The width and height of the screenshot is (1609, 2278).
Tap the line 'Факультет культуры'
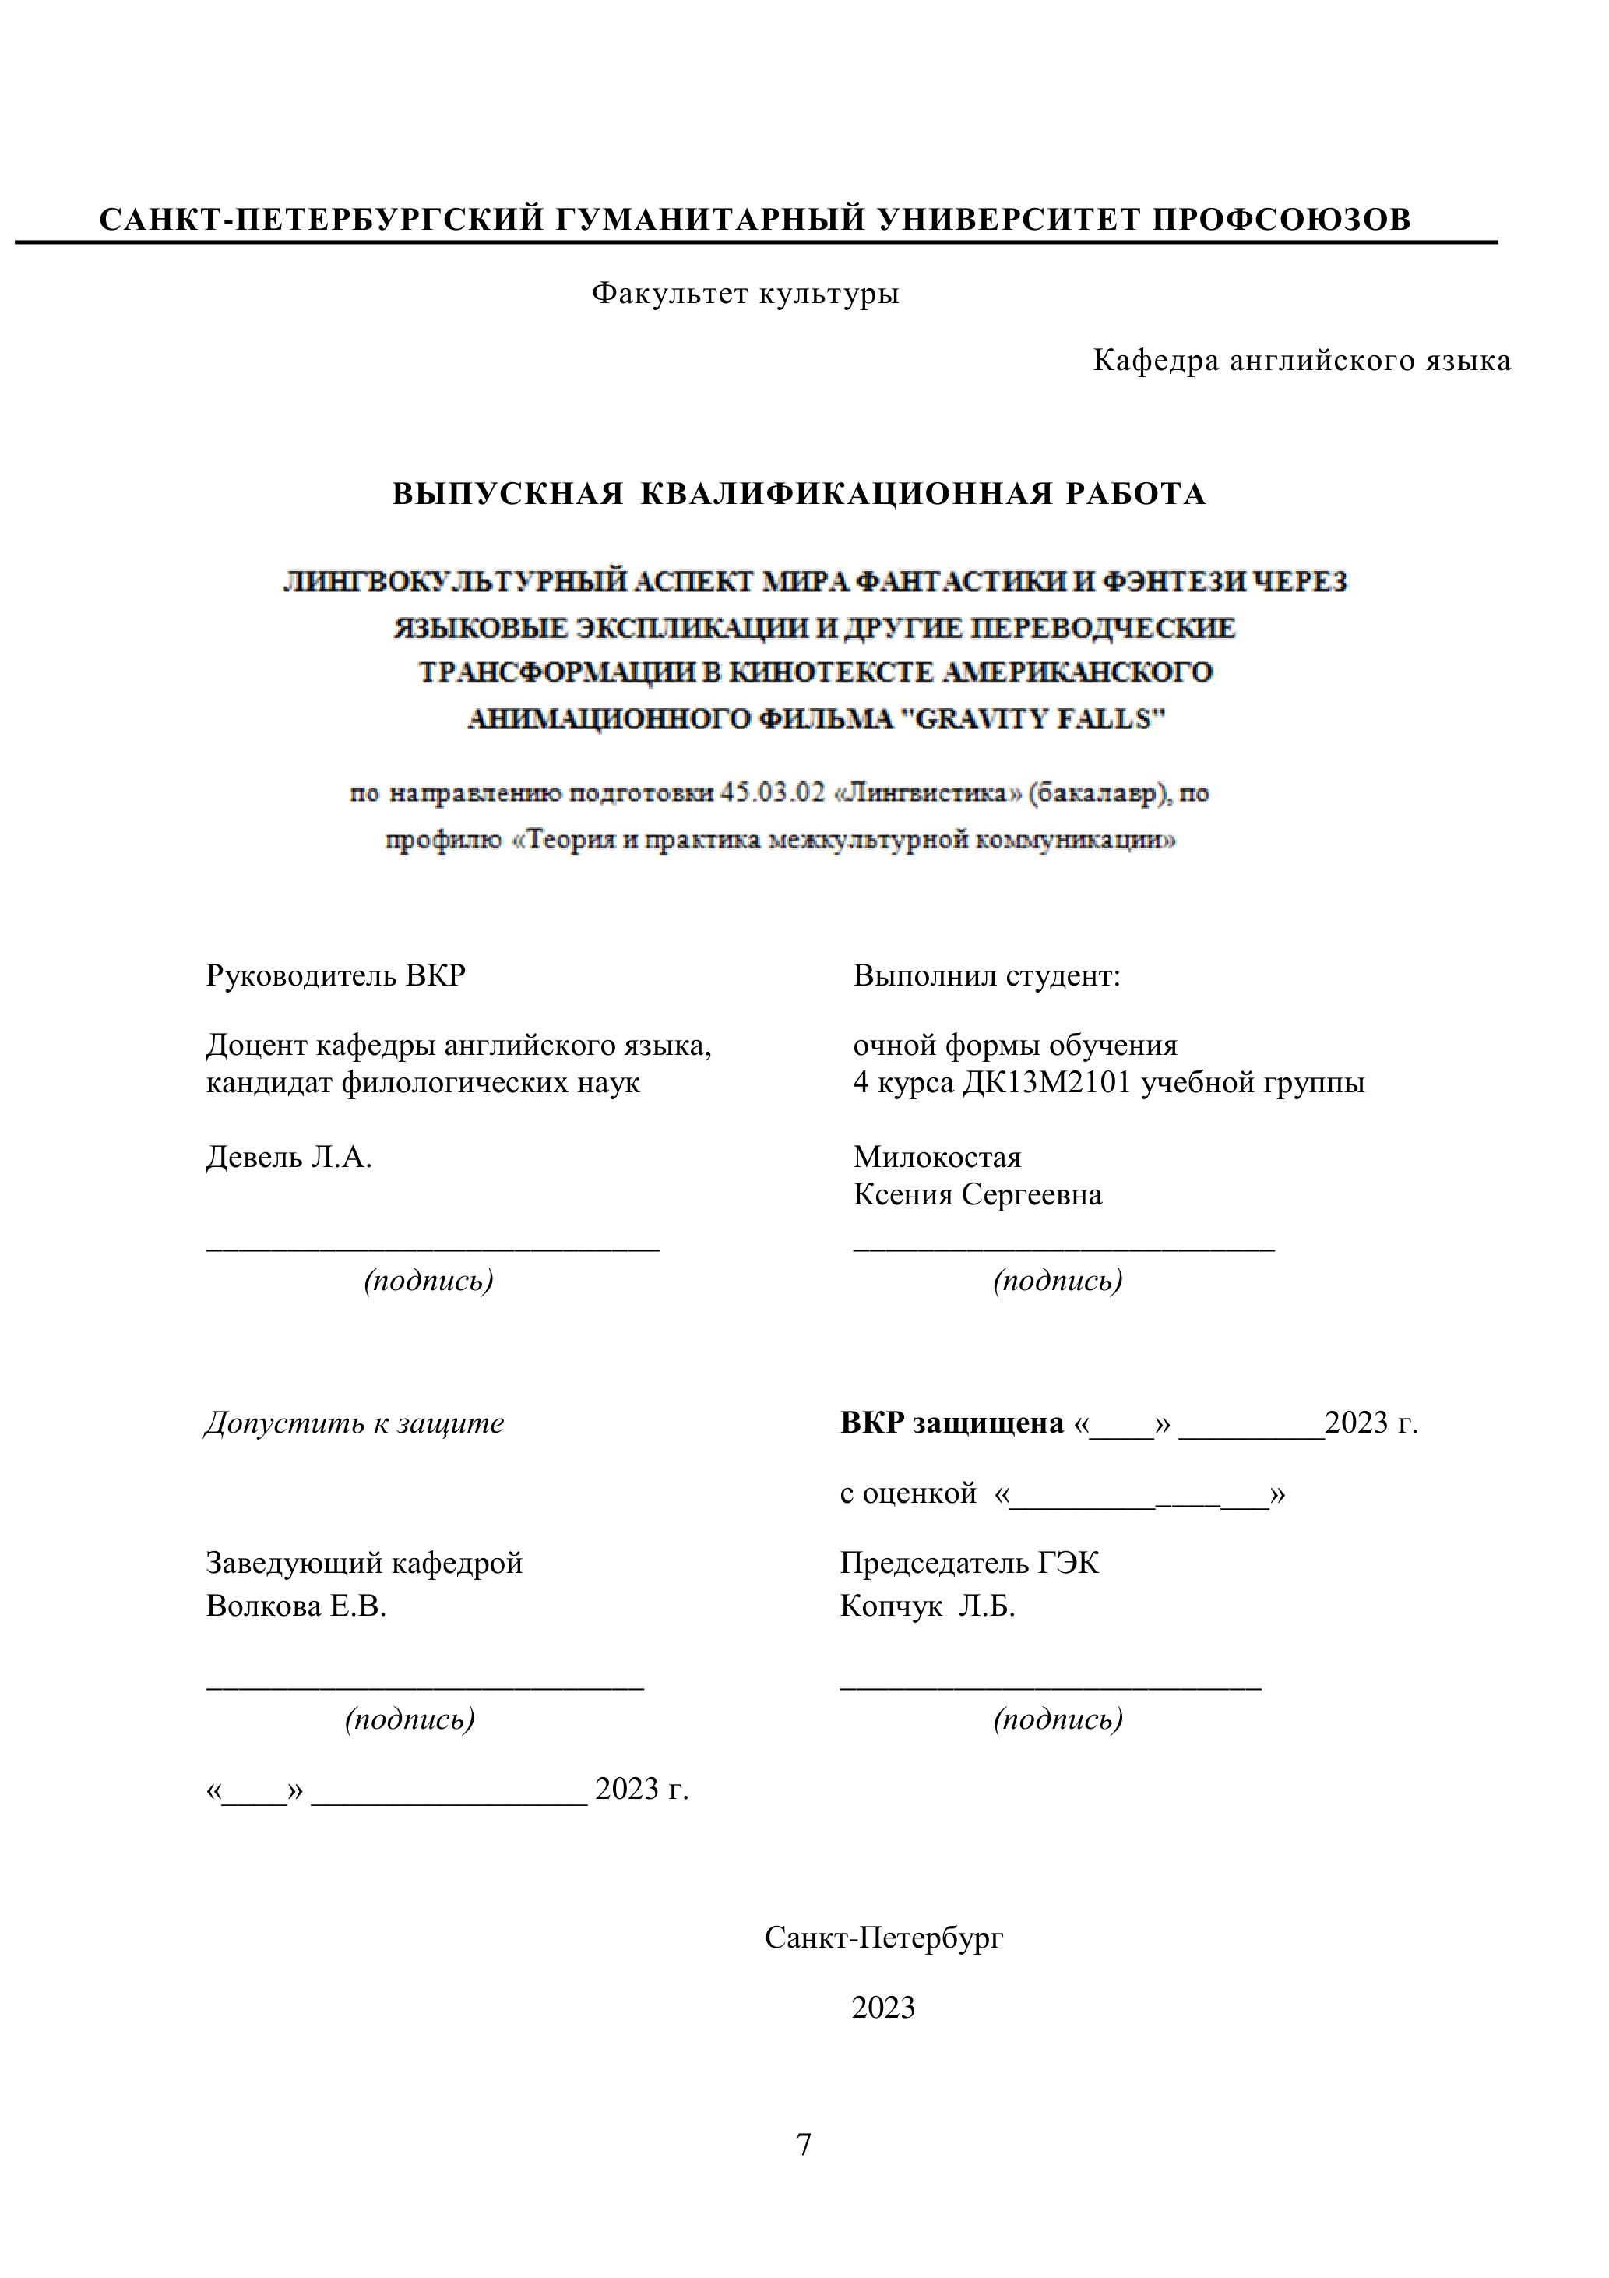tap(745, 294)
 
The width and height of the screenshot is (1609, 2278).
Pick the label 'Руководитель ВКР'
tap(336, 976)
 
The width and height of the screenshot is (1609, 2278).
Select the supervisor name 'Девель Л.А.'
tap(289, 1157)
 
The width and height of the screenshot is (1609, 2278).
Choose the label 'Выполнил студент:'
tap(986, 976)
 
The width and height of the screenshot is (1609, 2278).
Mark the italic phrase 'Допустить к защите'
tap(354, 1424)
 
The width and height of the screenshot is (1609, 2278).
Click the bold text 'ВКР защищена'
tap(952, 1424)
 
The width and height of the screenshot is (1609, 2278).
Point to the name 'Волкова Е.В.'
tap(296, 1606)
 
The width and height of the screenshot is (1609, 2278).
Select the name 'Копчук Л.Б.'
tap(927, 1606)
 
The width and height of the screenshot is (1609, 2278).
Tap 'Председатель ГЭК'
tap(969, 1564)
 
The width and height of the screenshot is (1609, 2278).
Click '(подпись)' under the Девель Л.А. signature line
tap(428, 1281)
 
